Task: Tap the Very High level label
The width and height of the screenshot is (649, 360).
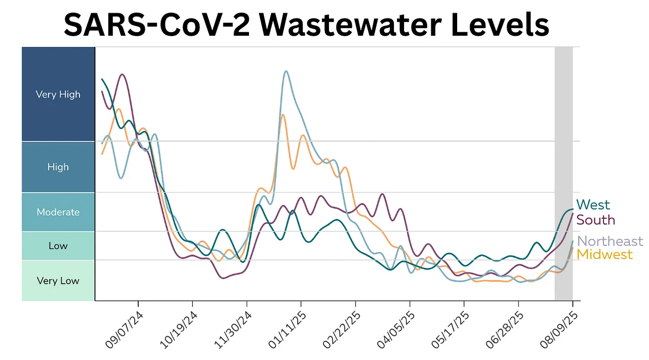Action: click(58, 94)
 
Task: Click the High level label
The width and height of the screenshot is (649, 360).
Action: click(58, 167)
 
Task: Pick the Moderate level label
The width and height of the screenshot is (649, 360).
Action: click(58, 212)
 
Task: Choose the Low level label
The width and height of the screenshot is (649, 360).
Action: click(58, 246)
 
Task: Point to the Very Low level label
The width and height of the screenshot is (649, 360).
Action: click(58, 280)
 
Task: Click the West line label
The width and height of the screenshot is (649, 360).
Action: click(593, 205)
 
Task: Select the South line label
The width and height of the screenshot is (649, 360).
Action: click(595, 220)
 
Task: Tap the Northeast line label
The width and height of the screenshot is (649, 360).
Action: click(610, 241)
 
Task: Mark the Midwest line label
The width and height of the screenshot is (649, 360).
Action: click(605, 254)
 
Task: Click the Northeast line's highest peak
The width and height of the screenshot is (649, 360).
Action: click(286, 71)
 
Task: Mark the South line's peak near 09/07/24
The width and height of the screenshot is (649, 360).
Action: click(122, 74)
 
